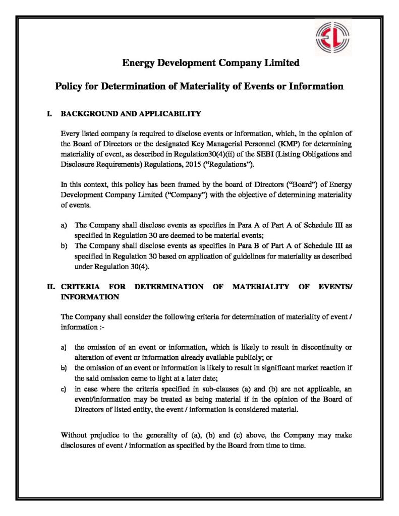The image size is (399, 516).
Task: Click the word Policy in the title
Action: click(x=69, y=86)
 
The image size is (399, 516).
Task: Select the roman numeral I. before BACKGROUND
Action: click(x=50, y=114)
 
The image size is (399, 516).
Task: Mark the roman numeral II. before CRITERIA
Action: click(x=50, y=287)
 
